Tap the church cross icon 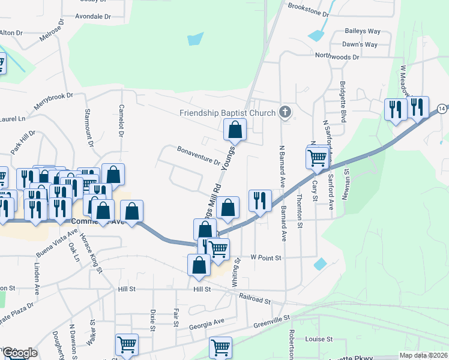tap(285, 112)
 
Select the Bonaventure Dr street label tap(198, 155)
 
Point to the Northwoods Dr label tap(337, 57)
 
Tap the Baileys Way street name tap(363, 31)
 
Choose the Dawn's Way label tap(360, 44)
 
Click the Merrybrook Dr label tap(53, 103)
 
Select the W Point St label tap(266, 257)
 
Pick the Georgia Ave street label tap(206, 321)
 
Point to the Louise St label tap(318, 339)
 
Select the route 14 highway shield tap(442, 108)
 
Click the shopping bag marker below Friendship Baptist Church tap(235, 129)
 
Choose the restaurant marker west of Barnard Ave tap(259, 200)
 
